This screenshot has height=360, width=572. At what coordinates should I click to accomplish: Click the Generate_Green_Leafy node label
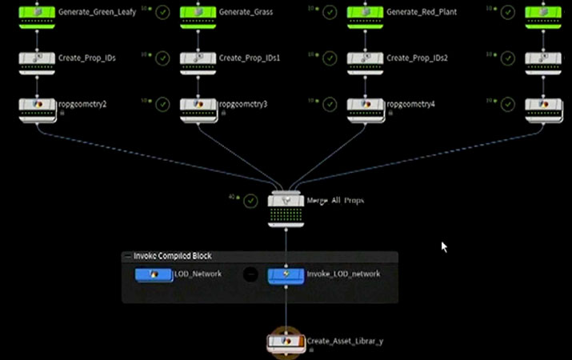point(96,12)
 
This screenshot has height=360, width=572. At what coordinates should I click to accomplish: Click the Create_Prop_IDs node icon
point(37,58)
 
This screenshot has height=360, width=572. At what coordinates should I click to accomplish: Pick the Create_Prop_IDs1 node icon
point(198,58)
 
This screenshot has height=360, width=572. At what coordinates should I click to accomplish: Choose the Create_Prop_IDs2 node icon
point(366,58)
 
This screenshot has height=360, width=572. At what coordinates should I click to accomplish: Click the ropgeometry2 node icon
point(37,105)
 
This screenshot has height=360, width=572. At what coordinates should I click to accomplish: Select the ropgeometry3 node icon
point(198,105)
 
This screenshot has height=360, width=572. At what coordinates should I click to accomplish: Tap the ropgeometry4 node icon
point(366,105)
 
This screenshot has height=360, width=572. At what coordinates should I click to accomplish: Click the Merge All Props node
point(286,201)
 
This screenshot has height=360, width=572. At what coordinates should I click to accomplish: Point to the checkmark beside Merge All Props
point(250,200)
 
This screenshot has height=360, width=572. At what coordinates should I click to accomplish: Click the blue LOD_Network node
point(154,274)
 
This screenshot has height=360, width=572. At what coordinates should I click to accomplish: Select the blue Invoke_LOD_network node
point(286,274)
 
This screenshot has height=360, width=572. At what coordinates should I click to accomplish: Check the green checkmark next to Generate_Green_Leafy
point(162,12)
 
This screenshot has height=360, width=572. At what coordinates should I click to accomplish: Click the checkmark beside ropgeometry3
point(329,104)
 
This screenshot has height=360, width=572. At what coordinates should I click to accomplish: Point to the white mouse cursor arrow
point(444,246)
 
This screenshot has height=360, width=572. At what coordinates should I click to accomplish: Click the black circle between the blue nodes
point(250,274)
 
